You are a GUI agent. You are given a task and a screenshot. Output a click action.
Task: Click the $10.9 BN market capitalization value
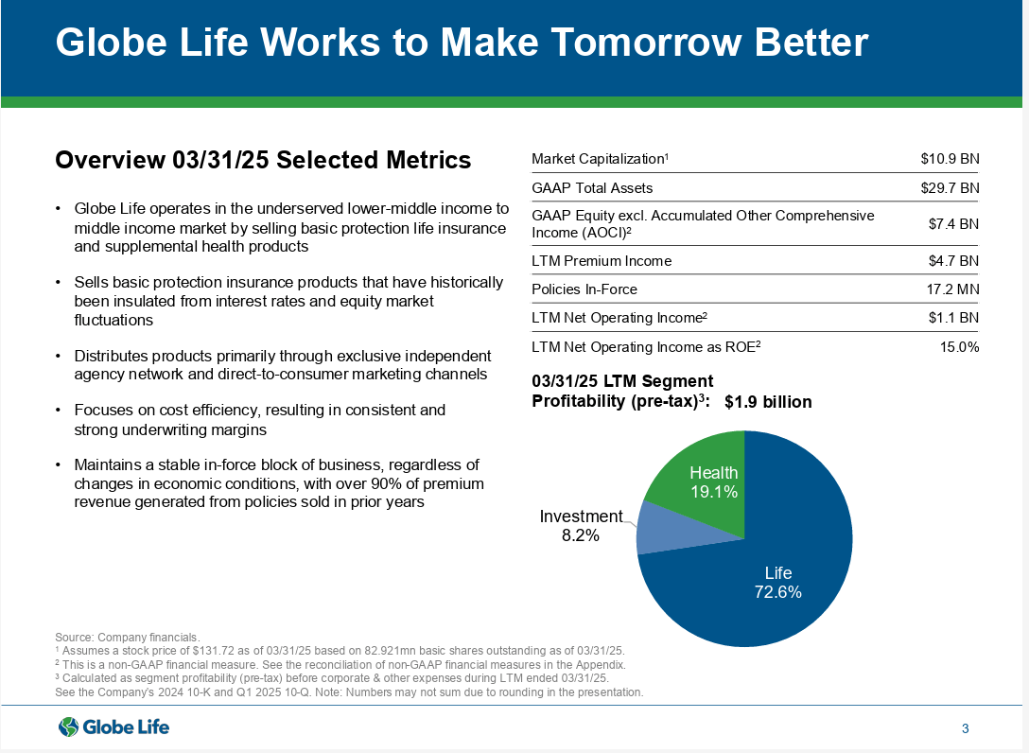(x=950, y=159)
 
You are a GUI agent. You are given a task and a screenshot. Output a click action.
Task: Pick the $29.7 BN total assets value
(x=950, y=188)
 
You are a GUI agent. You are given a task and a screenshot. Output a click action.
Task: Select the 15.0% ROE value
(x=959, y=347)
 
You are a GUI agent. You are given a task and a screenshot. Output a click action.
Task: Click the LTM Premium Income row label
(x=602, y=261)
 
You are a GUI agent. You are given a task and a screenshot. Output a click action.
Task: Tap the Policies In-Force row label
(x=584, y=289)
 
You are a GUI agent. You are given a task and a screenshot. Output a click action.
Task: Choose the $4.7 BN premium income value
(x=953, y=261)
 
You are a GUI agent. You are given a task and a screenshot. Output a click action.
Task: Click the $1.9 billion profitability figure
(x=768, y=402)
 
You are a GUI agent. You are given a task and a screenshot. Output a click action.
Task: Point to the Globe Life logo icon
(x=69, y=727)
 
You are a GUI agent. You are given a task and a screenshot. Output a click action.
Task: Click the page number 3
(x=965, y=728)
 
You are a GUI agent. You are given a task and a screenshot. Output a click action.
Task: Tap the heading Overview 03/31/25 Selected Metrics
(x=263, y=160)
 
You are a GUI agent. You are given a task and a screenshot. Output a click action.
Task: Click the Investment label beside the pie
(x=581, y=516)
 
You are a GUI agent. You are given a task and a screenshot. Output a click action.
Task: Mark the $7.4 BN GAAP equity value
(x=953, y=224)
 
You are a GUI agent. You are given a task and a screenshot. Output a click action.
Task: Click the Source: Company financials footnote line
(x=128, y=638)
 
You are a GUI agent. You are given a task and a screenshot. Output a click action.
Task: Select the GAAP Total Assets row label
(x=592, y=188)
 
